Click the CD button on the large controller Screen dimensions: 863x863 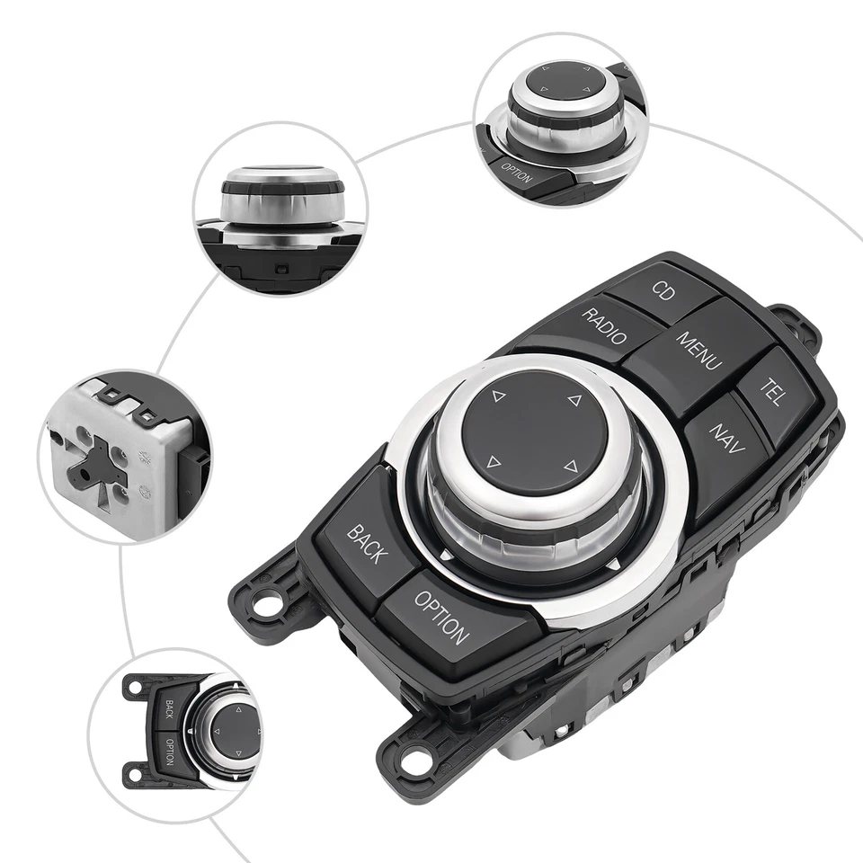(x=663, y=292)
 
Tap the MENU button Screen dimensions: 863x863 (x=699, y=351)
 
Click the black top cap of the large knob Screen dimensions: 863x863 (x=532, y=431)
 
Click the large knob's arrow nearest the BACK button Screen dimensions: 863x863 (x=492, y=463)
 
